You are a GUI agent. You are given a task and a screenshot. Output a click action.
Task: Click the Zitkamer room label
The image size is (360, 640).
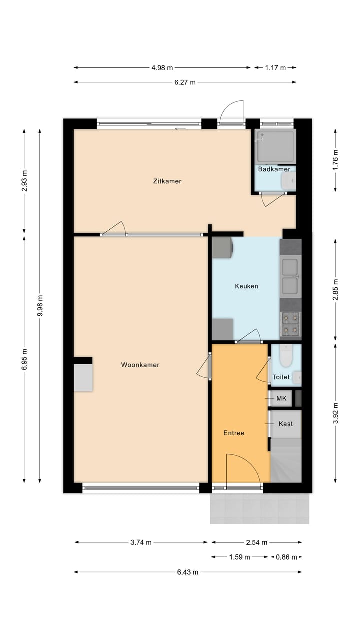(167, 181)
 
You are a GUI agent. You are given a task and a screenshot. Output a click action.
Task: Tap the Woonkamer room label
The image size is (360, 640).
(140, 365)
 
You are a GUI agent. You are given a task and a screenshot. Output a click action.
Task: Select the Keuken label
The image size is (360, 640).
(246, 286)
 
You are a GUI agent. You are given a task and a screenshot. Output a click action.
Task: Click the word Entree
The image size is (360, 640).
(234, 433)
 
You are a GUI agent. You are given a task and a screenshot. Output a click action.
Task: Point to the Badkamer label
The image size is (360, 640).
(274, 169)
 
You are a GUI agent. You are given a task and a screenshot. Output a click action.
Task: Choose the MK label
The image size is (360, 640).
(281, 398)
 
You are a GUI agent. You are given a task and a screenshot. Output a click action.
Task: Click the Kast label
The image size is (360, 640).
(286, 424)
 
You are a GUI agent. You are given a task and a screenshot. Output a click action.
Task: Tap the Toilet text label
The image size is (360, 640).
(281, 377)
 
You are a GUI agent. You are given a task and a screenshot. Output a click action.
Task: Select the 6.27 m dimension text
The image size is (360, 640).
(185, 82)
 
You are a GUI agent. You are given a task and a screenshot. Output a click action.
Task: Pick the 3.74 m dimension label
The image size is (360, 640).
(141, 542)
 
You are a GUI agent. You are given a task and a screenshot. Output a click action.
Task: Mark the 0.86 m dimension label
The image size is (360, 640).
(287, 557)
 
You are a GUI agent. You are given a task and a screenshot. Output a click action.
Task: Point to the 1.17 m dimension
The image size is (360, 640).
(275, 68)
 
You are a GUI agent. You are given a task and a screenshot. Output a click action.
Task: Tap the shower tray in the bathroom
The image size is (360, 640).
(275, 146)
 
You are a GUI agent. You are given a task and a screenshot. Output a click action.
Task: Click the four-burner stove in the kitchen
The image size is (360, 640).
(290, 323)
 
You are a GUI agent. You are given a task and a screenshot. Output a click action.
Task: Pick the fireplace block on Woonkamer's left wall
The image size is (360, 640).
(83, 377)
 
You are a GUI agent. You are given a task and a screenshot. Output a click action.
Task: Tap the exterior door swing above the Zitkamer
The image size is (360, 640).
(232, 112)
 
